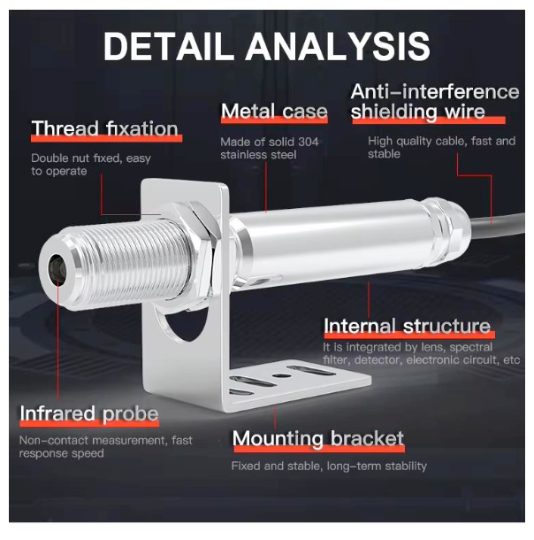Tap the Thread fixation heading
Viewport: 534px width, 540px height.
pyautogui.click(x=105, y=129)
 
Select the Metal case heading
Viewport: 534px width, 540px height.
pyautogui.click(x=274, y=112)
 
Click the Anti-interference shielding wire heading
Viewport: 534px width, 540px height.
pyautogui.click(x=434, y=102)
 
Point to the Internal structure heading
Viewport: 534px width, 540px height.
pyautogui.click(x=407, y=326)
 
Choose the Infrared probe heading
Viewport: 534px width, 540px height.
pyautogui.click(x=89, y=413)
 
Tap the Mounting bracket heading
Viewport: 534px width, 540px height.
pyautogui.click(x=318, y=438)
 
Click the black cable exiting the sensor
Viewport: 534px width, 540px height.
pyautogui.click(x=504, y=230)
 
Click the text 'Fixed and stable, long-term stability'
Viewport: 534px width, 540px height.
pyautogui.click(x=329, y=466)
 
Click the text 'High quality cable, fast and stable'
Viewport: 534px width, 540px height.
pyautogui.click(x=441, y=147)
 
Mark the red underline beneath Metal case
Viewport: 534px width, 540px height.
pyautogui.click(x=274, y=123)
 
